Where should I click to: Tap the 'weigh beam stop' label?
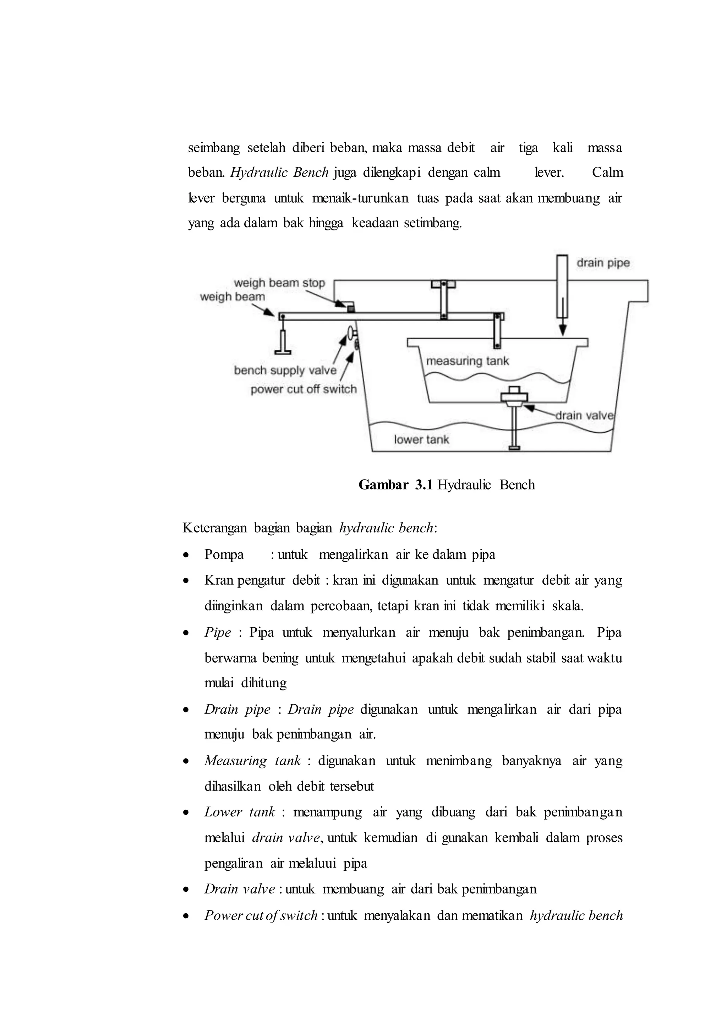tap(279, 283)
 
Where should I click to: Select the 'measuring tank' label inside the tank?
tap(468, 361)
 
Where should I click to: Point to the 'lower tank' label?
tap(421, 440)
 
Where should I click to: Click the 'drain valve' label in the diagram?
tap(584, 416)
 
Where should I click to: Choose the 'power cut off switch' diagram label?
tap(304, 389)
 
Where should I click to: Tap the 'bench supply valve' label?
tap(285, 370)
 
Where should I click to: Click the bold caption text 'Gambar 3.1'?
tap(395, 485)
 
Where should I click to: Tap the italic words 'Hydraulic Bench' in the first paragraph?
tap(280, 173)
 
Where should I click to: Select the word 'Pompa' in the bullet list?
tap(224, 555)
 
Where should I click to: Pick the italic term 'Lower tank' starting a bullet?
tap(240, 812)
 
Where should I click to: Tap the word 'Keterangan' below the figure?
tap(214, 528)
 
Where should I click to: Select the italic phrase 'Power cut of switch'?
tap(261, 915)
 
